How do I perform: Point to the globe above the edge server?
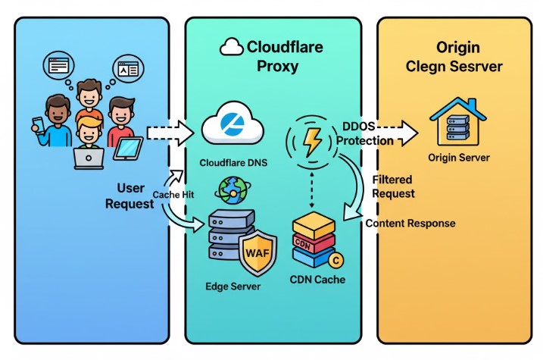click(x=232, y=189)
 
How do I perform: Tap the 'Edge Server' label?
click(x=232, y=286)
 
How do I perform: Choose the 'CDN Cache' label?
click(x=318, y=280)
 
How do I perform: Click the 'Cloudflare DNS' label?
click(x=232, y=163)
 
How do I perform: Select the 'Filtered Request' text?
click(x=393, y=186)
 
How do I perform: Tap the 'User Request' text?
click(x=131, y=195)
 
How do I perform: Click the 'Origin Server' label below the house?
click(x=458, y=158)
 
